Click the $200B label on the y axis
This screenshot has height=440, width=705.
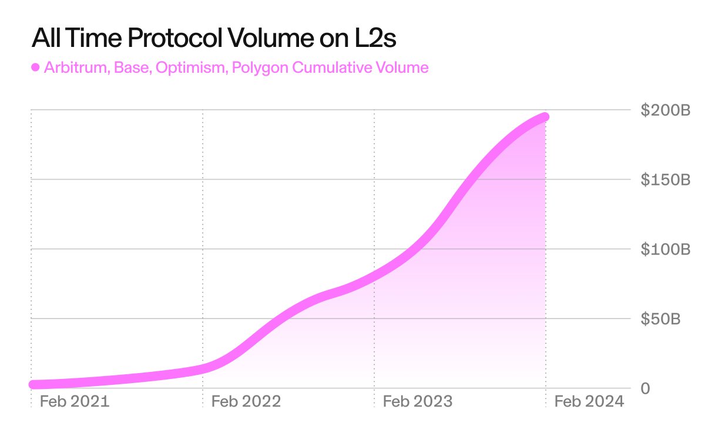pos(664,110)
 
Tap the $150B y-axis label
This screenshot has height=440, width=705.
pos(664,180)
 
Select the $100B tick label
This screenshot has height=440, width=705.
pos(664,249)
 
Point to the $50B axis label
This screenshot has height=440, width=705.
pos(660,319)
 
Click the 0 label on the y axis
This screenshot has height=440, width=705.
pos(645,388)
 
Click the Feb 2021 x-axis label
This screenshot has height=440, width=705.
pos(74,401)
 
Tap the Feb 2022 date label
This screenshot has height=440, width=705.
pos(246,401)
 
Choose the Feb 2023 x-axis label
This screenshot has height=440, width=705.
pos(418,401)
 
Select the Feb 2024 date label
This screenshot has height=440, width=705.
pos(589,401)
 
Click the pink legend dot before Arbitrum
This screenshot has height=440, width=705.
pos(35,67)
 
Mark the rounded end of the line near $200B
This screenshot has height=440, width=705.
pos(545,117)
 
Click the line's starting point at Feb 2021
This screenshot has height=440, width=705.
pos(33,385)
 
